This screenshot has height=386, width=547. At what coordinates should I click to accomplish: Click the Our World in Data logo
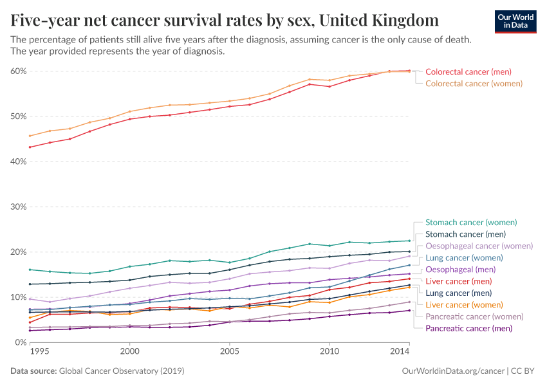(515, 21)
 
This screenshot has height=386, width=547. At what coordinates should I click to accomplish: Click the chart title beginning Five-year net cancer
(225, 21)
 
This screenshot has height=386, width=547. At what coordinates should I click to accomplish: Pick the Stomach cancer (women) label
(471, 223)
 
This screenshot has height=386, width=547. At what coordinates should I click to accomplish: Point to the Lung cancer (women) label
(465, 257)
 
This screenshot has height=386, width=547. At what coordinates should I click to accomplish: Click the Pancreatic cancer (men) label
(469, 328)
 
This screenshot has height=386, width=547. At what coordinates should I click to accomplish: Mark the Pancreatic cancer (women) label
(474, 317)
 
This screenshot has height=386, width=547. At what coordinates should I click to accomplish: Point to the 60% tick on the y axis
(18, 71)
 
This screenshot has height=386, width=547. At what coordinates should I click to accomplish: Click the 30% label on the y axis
(18, 207)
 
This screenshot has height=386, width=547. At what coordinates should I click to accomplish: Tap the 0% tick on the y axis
(20, 342)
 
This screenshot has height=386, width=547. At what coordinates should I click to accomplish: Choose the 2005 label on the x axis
(229, 353)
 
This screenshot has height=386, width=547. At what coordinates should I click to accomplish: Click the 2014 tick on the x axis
(400, 353)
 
